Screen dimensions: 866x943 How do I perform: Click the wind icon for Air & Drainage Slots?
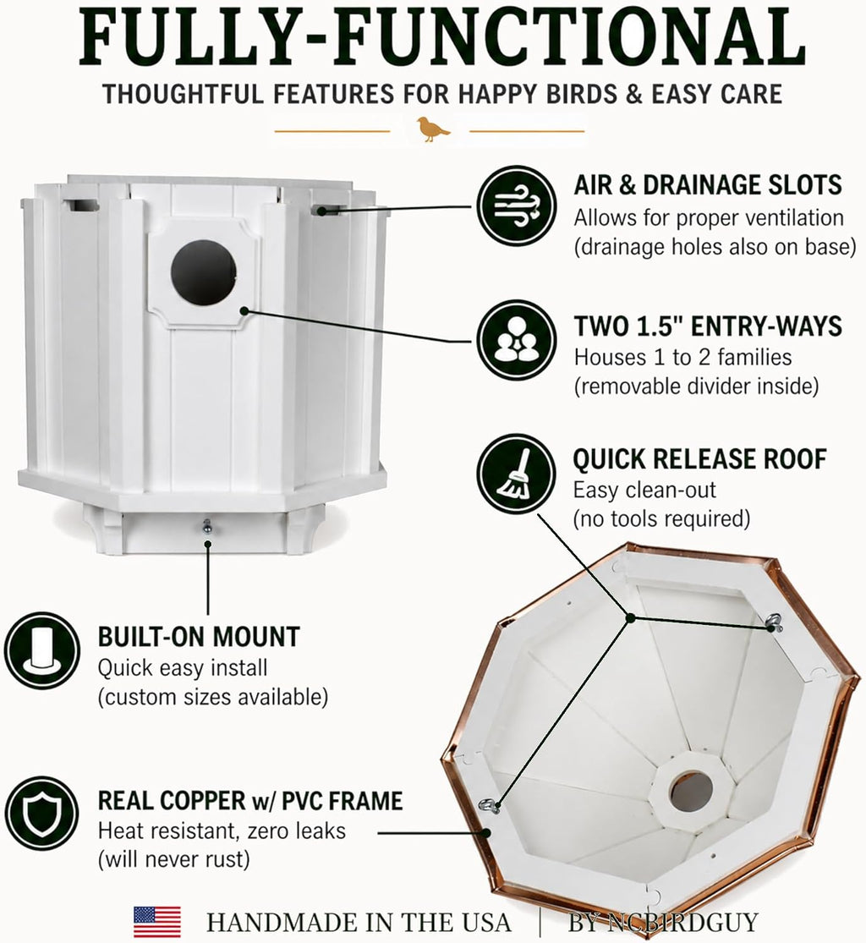pos(517,206)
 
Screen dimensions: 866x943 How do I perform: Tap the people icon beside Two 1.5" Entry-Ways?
pos(517,340)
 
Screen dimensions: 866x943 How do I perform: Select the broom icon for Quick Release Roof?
pos(517,474)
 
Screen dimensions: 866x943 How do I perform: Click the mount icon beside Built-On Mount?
pos(42,650)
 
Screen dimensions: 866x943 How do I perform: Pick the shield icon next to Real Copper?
pos(42,814)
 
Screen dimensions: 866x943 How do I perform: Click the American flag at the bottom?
pos(157,921)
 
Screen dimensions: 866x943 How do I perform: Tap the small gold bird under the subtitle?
pos(433,129)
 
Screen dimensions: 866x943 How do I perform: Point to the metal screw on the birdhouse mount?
pos(207,526)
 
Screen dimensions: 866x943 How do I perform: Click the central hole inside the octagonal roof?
pos(691,792)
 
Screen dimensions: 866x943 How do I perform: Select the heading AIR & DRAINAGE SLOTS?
pos(708,185)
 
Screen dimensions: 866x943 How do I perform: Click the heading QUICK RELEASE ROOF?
pos(700,459)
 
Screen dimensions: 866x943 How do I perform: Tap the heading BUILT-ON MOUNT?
pos(199,637)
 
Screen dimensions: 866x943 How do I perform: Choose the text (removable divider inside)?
pos(696,387)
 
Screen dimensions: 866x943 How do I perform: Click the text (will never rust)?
pos(174,858)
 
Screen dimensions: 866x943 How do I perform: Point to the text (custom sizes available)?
pos(213,697)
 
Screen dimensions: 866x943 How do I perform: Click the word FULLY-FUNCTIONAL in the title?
pos(442,37)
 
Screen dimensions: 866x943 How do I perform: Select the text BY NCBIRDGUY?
pos(663,922)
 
